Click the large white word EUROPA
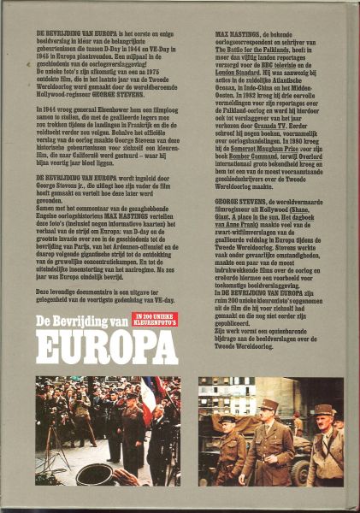(106, 348)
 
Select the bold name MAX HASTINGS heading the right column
(220, 32)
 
